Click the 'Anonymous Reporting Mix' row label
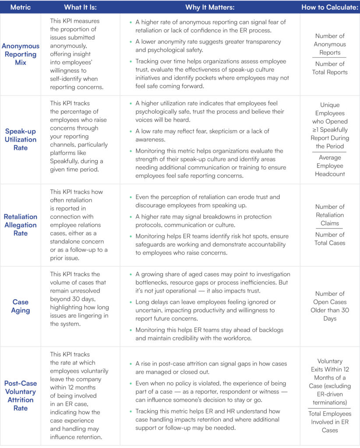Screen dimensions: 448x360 tap(21, 54)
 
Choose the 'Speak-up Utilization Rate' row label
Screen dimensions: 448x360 tap(21, 140)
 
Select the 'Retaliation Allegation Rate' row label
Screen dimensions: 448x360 tap(21, 225)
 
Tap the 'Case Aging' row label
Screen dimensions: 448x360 tap(21, 306)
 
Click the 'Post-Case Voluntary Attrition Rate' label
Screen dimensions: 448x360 tap(21, 395)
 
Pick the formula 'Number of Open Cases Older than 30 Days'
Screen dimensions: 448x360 tap(330, 306)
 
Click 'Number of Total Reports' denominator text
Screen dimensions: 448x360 tap(330, 68)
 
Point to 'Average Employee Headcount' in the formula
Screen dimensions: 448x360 tap(330, 166)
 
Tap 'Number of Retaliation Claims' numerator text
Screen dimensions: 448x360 tap(330, 215)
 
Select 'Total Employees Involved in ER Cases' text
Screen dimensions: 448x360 tap(330, 422)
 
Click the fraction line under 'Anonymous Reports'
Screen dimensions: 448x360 tap(330, 58)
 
